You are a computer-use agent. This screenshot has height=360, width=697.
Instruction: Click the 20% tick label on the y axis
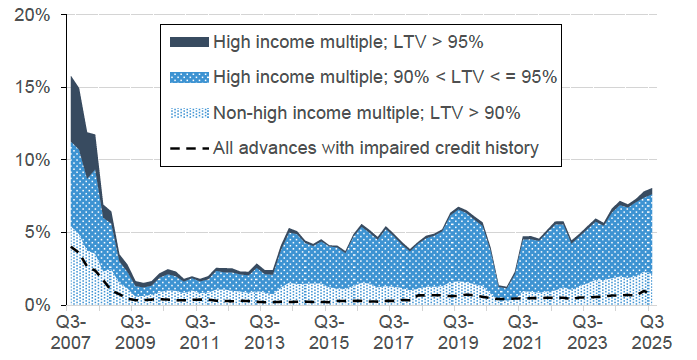click(27, 16)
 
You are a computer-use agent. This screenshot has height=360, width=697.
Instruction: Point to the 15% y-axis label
click(27, 88)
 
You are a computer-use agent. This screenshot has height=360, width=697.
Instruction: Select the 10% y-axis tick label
click(27, 160)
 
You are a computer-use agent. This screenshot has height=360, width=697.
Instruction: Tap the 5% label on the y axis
click(32, 232)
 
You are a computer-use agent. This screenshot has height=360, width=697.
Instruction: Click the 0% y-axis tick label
click(32, 304)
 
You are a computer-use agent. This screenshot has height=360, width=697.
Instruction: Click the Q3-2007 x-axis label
click(70, 333)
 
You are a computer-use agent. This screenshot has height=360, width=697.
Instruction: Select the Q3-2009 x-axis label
click(135, 333)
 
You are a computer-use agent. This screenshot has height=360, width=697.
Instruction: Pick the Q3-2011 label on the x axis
click(199, 333)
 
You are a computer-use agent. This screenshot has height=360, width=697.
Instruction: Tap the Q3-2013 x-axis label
click(264, 333)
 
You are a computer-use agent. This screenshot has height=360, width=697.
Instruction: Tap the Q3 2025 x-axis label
click(651, 333)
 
